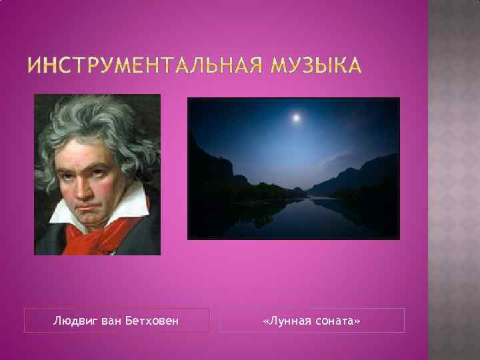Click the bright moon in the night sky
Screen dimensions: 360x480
tap(295, 118)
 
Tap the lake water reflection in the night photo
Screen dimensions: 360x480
tap(293, 217)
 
